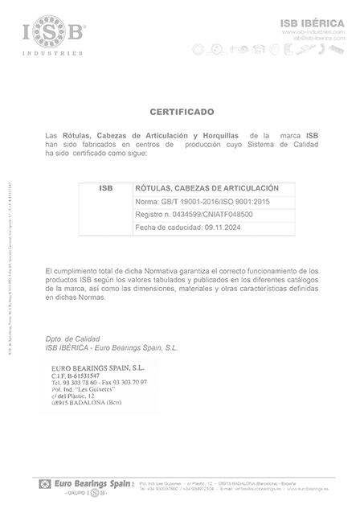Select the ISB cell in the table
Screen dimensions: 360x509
click(105, 187)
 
